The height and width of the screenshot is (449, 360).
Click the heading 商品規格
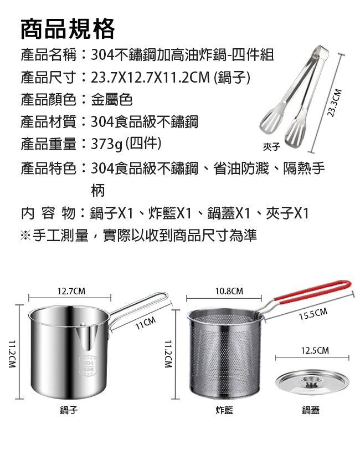pyautogui.click(x=68, y=29)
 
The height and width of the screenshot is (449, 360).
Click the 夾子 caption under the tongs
pyautogui.click(x=272, y=146)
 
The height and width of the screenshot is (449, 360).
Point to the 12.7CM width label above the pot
pyautogui.click(x=71, y=291)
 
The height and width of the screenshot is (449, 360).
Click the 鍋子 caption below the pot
pyautogui.click(x=69, y=410)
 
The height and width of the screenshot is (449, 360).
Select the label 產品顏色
pyautogui.click(x=48, y=100)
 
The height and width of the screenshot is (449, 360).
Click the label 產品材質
pyautogui.click(x=48, y=122)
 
